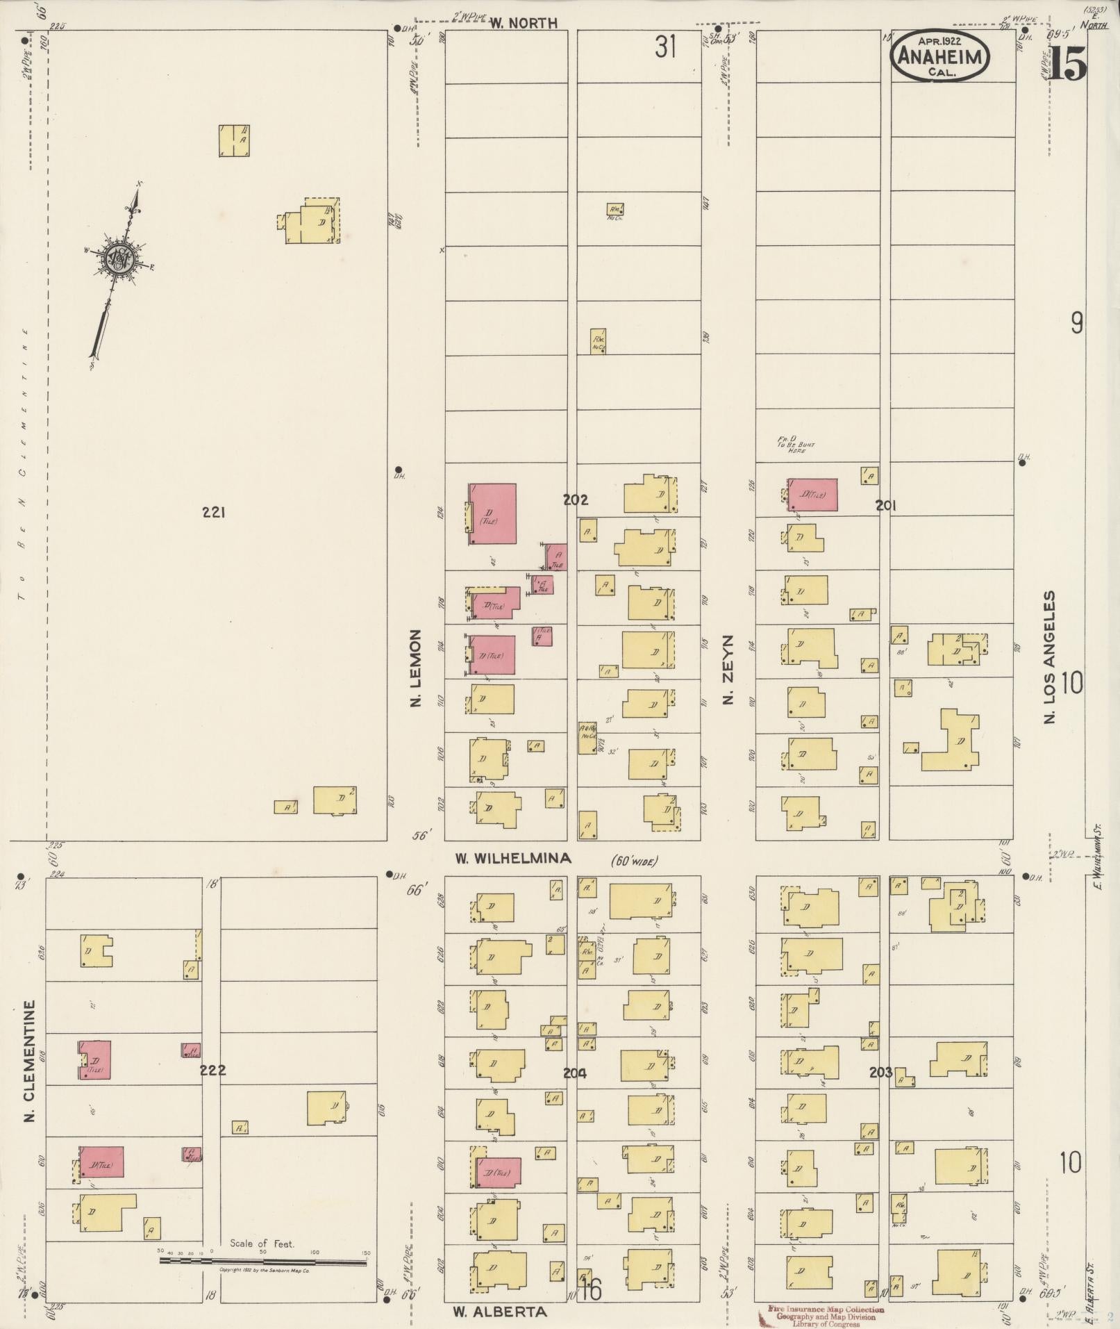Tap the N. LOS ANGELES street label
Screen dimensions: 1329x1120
(x=1049, y=657)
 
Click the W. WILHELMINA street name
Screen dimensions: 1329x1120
(x=513, y=859)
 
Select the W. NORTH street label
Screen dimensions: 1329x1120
(x=524, y=24)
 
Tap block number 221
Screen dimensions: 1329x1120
(x=213, y=513)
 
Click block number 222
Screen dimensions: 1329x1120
(x=212, y=1089)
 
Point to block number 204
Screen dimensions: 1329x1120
(x=574, y=1093)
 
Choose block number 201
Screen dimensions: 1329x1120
(x=885, y=506)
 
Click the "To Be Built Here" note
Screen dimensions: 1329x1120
(x=796, y=445)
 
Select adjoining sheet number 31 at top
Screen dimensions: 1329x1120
(x=665, y=47)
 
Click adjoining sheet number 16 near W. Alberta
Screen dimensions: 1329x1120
(x=591, y=1290)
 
